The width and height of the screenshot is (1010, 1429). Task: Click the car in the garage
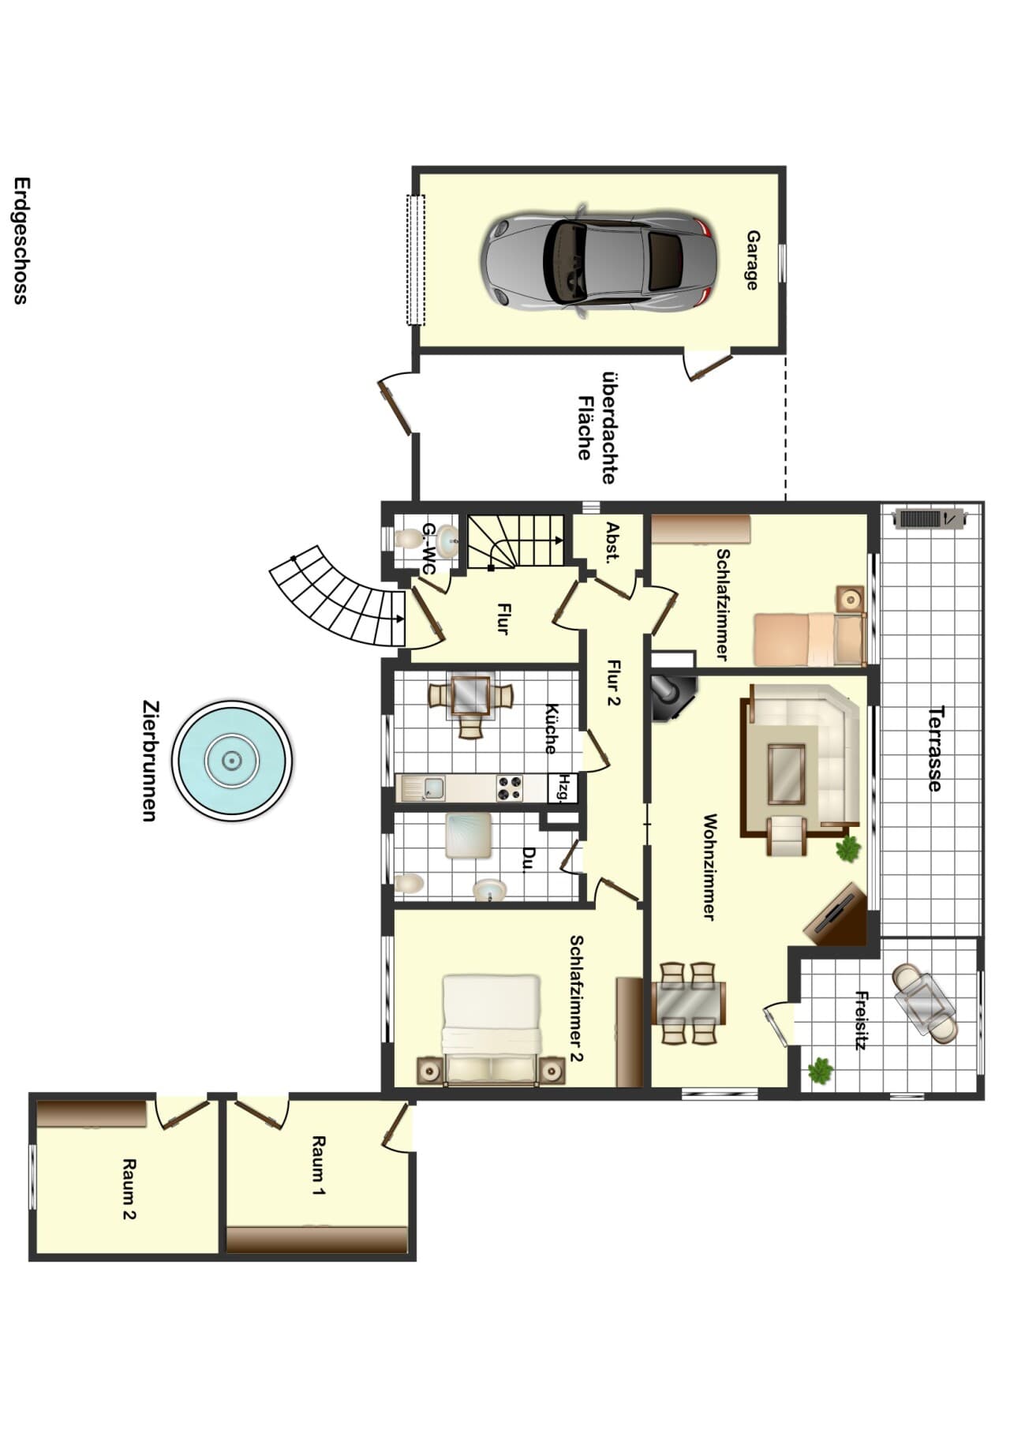click(600, 260)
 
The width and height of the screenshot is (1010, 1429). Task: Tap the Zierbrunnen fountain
click(232, 761)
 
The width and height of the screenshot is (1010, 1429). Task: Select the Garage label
click(753, 260)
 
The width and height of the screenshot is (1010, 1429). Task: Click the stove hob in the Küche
click(510, 787)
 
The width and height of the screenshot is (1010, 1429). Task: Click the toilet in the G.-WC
click(409, 538)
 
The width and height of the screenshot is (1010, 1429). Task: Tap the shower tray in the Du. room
click(469, 836)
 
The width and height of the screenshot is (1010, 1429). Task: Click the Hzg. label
click(563, 787)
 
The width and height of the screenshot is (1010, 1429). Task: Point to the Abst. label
click(612, 542)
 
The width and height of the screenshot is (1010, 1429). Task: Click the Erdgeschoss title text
click(21, 240)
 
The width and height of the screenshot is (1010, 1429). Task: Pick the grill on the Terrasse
click(929, 518)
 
